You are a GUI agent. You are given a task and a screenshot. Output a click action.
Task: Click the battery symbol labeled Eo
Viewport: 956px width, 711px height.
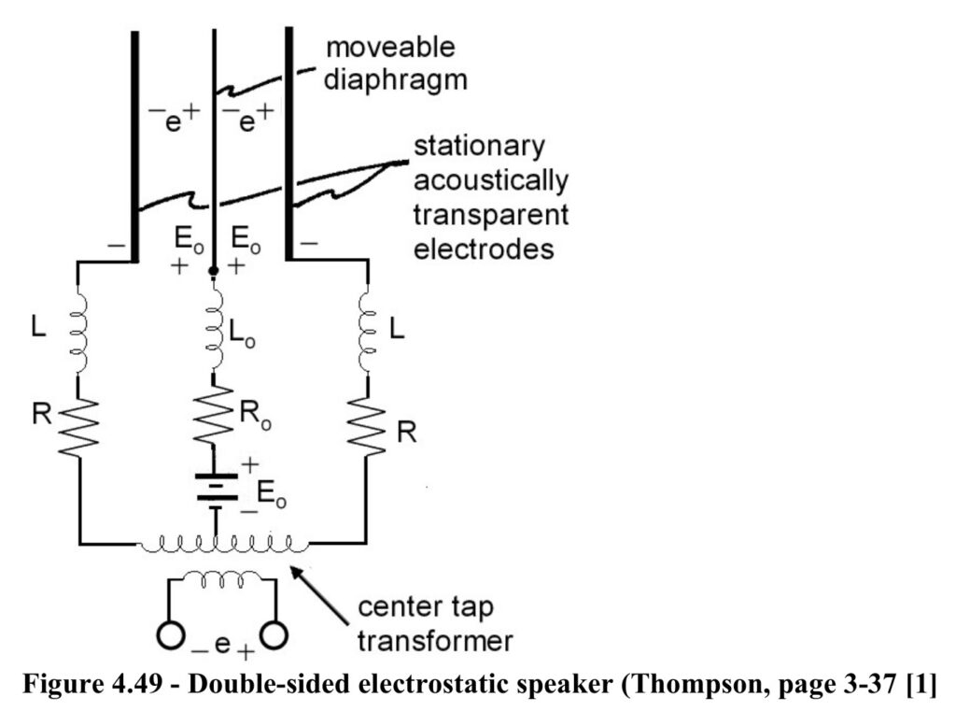click(x=216, y=491)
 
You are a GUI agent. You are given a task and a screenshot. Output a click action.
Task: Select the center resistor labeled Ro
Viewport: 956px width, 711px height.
click(x=214, y=414)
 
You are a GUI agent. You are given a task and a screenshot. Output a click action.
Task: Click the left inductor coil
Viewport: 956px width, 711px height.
click(x=79, y=330)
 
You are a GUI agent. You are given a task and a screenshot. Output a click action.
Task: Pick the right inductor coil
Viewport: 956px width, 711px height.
click(x=367, y=330)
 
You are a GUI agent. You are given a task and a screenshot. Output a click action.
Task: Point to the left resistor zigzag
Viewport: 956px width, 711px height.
click(x=79, y=426)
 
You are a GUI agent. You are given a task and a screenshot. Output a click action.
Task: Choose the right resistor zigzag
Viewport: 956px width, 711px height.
click(x=367, y=426)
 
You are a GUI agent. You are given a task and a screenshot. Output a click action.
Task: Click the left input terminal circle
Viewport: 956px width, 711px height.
click(x=170, y=635)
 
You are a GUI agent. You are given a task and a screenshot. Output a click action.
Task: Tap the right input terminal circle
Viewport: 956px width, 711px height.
click(x=274, y=635)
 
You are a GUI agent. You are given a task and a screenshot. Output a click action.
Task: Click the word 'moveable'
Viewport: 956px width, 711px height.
click(x=390, y=48)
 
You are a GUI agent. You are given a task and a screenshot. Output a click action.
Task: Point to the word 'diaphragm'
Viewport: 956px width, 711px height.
click(x=395, y=80)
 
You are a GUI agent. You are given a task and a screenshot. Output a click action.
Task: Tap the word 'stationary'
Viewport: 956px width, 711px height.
click(x=479, y=147)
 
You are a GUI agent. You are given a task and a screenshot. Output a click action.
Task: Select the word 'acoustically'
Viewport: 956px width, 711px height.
click(x=491, y=180)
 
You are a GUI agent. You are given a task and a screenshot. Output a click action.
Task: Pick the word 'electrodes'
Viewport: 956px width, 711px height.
click(x=484, y=249)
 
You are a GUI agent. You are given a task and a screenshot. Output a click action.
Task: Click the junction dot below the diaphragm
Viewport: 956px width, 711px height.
click(x=214, y=270)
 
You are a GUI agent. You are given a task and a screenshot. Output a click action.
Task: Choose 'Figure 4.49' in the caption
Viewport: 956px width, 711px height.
click(x=94, y=685)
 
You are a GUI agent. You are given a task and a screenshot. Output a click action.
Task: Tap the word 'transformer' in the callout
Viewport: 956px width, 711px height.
click(x=435, y=642)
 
